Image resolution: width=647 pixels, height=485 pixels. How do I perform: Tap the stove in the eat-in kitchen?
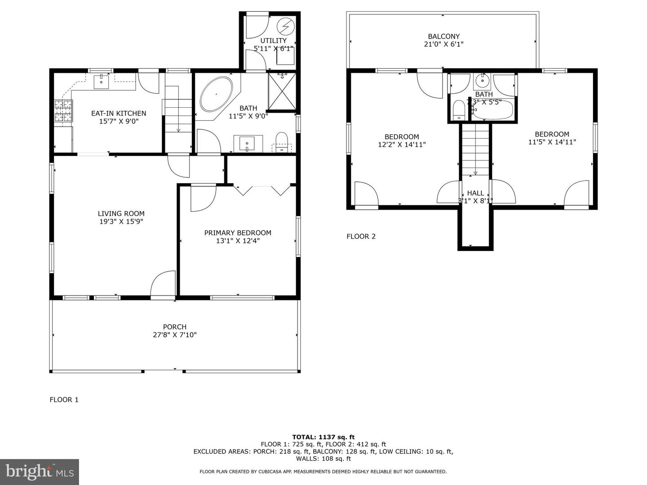point(63,111)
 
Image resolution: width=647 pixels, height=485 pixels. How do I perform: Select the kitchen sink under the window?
point(101,82)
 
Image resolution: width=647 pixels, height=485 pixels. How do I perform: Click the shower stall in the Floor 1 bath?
point(282,91)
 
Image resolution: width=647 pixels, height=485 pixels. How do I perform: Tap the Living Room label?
point(121,214)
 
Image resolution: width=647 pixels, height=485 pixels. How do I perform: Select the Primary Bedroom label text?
point(238,233)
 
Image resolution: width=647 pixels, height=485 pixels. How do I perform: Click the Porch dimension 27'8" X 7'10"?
point(175,335)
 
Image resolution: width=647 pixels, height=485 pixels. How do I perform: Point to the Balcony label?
point(443,36)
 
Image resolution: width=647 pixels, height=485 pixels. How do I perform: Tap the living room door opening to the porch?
point(163,285)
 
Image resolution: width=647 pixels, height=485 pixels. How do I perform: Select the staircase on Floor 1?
point(177,115)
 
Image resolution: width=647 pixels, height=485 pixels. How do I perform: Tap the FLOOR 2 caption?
point(361,236)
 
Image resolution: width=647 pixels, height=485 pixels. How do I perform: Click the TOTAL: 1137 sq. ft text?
point(323,436)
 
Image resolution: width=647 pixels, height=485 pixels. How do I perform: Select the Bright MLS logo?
point(40,472)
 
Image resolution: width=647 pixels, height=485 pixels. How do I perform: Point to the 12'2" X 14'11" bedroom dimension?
point(402,145)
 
